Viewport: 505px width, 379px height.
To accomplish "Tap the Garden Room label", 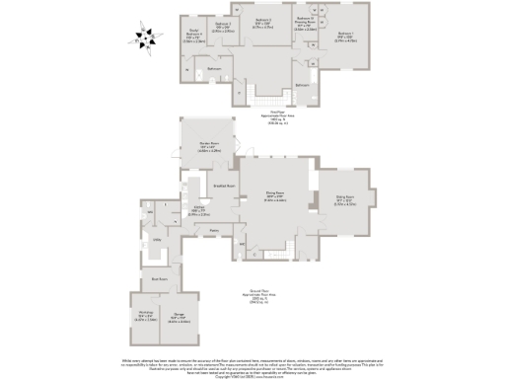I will click(x=208, y=148).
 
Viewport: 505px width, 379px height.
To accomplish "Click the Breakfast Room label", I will click(x=223, y=186).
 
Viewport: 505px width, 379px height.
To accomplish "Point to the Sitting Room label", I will click(x=344, y=200).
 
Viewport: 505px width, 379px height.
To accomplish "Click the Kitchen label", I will click(x=198, y=209).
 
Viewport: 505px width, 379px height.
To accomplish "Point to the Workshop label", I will click(x=143, y=318).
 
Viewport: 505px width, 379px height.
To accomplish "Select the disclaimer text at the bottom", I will click(x=252, y=366).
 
